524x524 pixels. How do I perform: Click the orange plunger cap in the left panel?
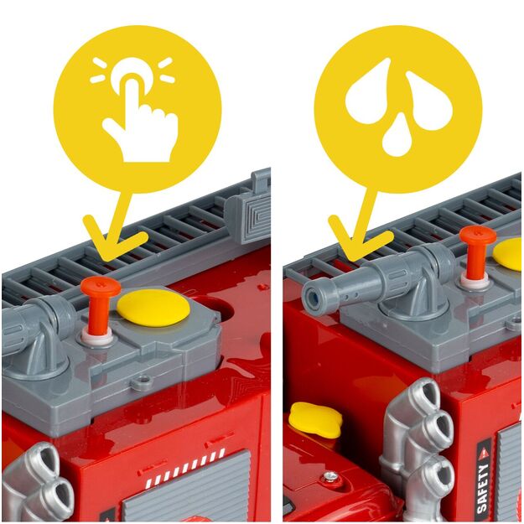tap(101, 287)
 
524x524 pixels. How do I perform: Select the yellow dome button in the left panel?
tap(153, 307)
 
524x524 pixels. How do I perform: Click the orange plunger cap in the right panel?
tap(478, 236)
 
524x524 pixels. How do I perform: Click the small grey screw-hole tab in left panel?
tap(141, 381)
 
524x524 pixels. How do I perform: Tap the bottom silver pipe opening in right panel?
tap(438, 470)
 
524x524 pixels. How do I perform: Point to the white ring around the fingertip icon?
tap(132, 74)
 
